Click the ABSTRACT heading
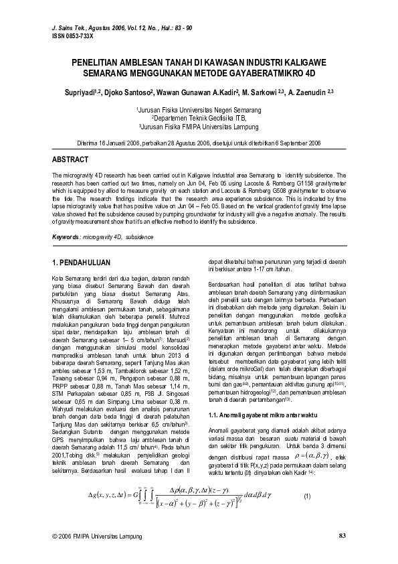[x=70, y=159]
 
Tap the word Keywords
[x=66, y=237]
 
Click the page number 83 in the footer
[x=342, y=536]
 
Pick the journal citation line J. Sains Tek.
[x=122, y=27]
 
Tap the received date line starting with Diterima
[x=199, y=143]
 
